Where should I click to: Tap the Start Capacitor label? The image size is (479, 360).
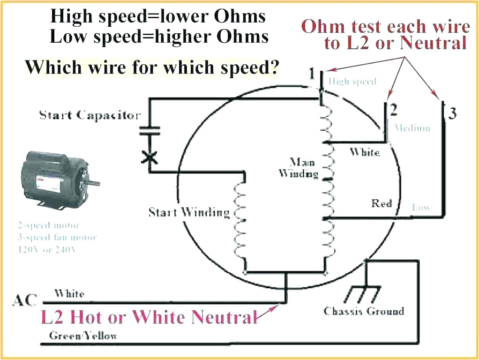[x=90, y=115]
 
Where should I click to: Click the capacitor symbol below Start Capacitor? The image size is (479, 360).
[x=150, y=130]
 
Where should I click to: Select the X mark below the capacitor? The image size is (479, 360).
[x=150, y=157]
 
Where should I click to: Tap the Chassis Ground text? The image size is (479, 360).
[x=363, y=311]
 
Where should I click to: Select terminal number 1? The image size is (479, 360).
[x=312, y=74]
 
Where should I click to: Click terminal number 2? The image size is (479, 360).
[x=394, y=110]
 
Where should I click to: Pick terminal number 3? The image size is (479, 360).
[x=452, y=113]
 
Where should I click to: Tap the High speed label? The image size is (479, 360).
[x=352, y=82]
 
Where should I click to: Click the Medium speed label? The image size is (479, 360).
[x=412, y=127]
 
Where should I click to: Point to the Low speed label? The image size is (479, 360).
[x=421, y=207]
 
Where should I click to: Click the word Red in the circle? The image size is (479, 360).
[x=382, y=203]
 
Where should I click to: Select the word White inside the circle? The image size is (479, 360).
[x=365, y=152]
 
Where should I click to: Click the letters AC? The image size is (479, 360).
[x=24, y=300]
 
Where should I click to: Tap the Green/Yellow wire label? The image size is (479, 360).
[x=83, y=336]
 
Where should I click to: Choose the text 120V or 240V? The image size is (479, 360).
[x=45, y=249]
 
